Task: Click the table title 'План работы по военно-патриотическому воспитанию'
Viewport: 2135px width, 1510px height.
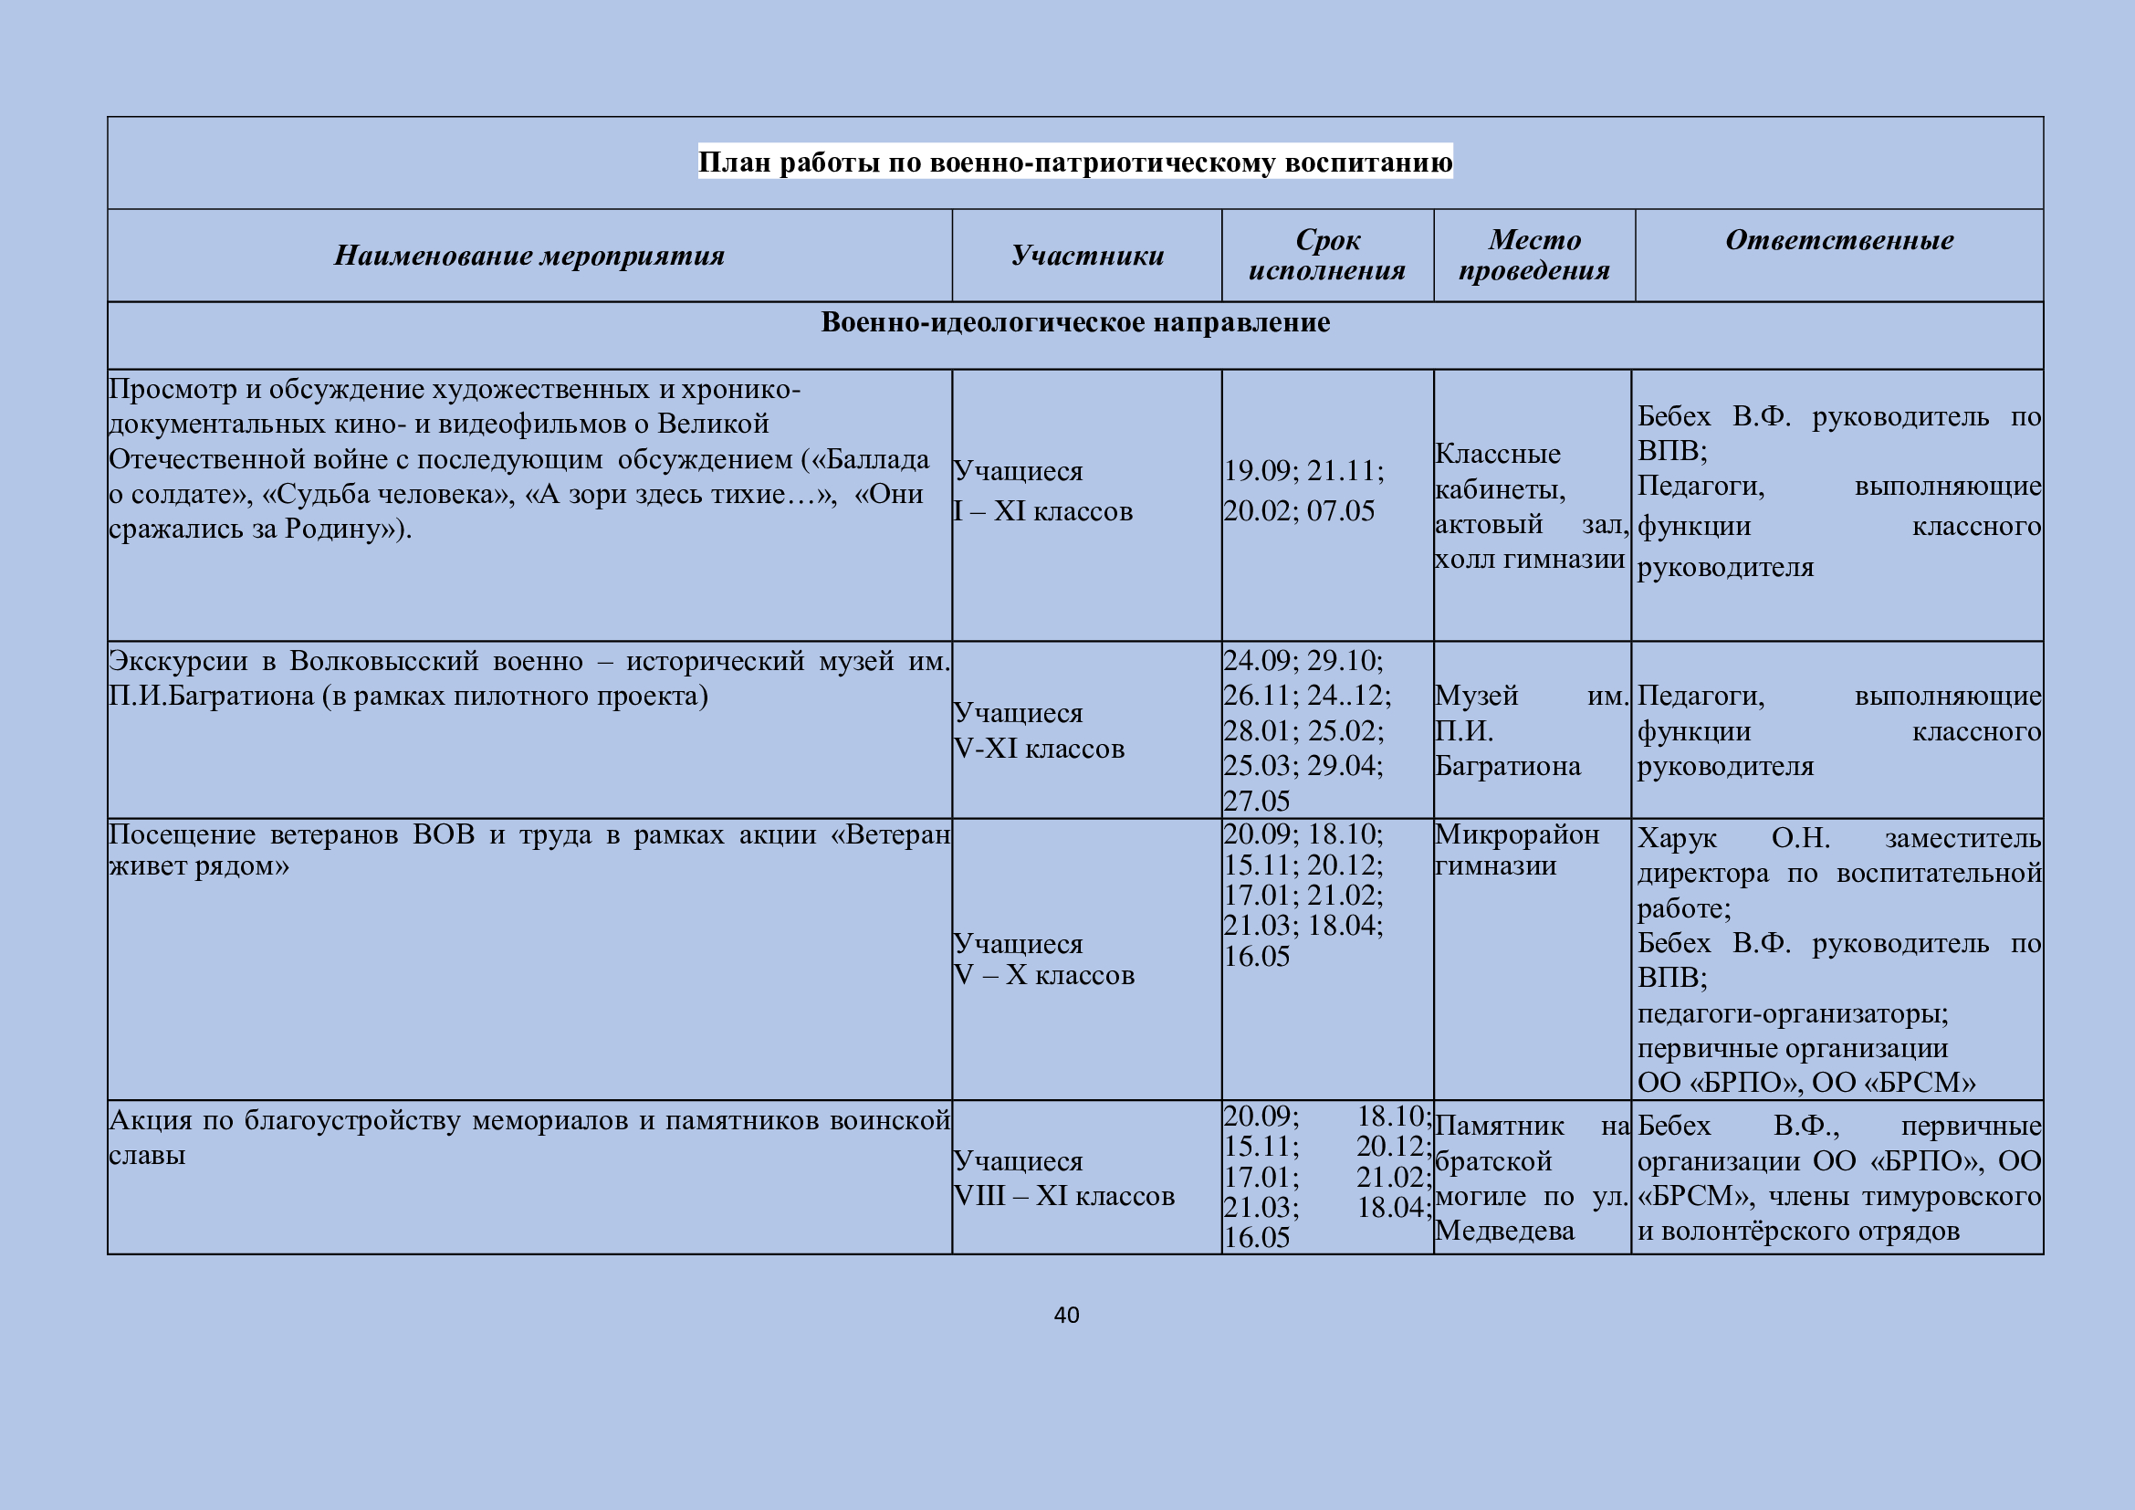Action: (1075, 163)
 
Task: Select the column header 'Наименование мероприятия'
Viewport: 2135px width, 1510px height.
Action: (529, 256)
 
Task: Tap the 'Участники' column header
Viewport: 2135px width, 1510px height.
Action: (1087, 256)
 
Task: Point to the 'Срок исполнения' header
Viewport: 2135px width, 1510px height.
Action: (1327, 255)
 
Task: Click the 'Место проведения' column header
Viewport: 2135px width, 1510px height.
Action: (1534, 255)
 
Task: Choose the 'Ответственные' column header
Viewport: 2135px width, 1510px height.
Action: (1838, 240)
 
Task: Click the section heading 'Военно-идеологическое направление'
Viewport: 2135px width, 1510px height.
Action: (1075, 322)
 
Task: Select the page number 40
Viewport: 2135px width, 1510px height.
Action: (1066, 1315)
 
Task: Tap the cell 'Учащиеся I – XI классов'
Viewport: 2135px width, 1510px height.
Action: (1042, 491)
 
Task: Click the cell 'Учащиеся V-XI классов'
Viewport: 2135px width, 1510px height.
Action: (1039, 731)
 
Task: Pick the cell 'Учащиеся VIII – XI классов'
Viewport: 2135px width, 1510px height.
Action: (1063, 1178)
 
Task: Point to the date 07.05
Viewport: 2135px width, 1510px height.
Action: (1341, 511)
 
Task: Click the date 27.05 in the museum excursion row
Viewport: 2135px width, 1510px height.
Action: (1256, 802)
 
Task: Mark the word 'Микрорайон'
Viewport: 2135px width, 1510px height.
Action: (1517, 835)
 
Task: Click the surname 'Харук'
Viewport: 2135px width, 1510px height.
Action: (1677, 839)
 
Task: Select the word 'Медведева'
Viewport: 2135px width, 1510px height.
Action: (1504, 1231)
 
